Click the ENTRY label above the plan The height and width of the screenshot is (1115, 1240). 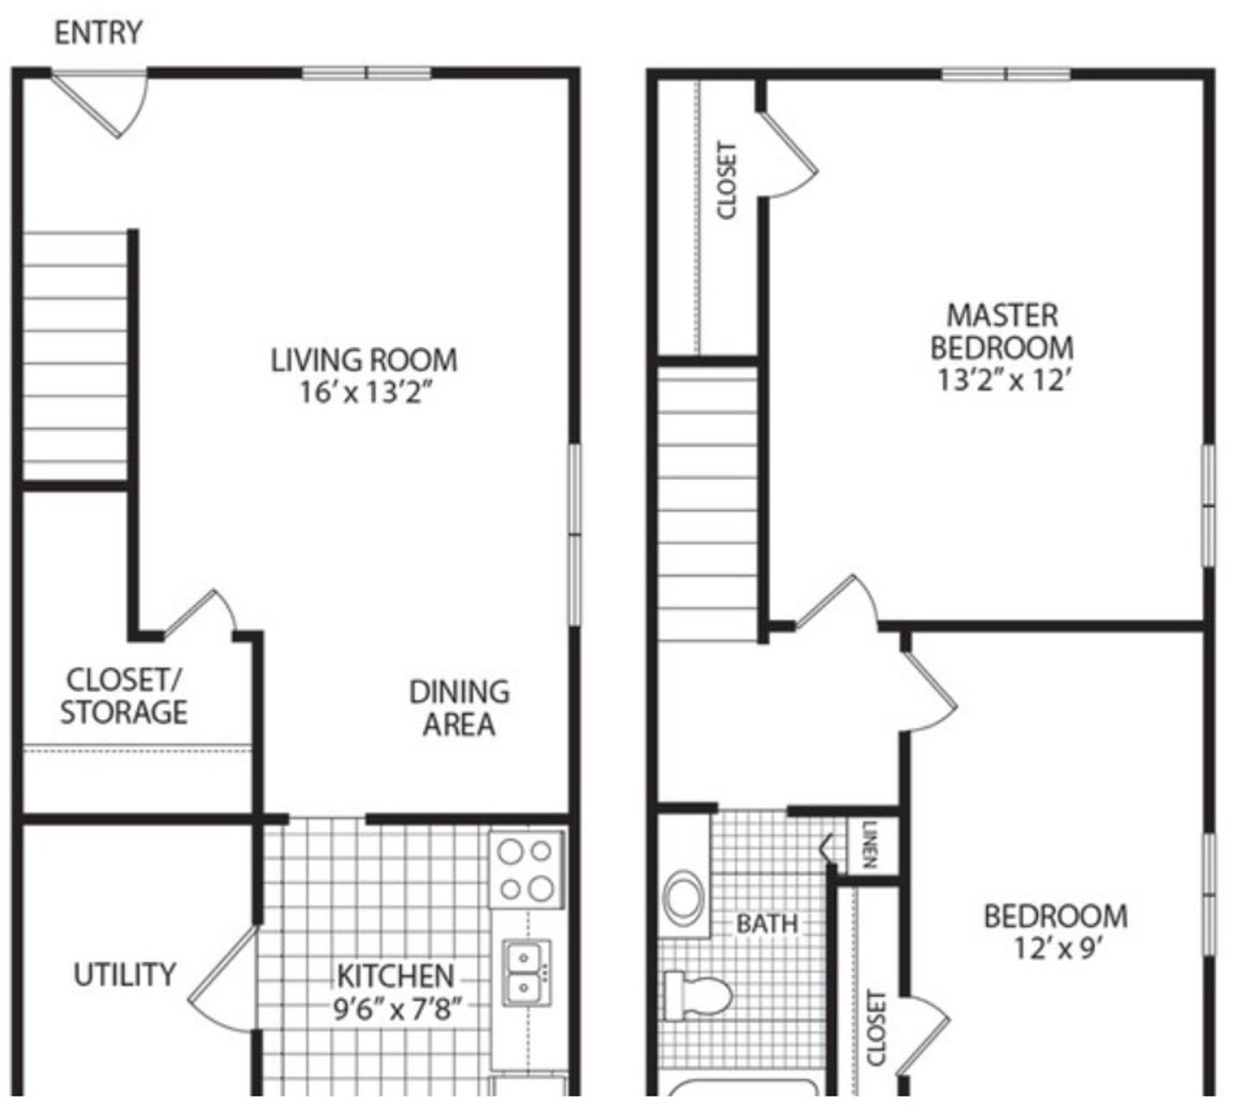tap(98, 33)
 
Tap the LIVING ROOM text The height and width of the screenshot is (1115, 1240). tap(364, 360)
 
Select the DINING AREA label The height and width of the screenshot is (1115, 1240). tap(459, 708)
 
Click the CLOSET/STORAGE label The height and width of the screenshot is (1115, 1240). tap(124, 696)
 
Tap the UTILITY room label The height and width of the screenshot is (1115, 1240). tap(125, 975)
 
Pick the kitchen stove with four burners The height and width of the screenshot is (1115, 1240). tap(526, 870)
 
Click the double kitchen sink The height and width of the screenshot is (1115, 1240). tap(526, 972)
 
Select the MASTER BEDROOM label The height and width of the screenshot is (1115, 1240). tap(1002, 332)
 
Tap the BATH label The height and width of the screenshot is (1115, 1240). tap(767, 923)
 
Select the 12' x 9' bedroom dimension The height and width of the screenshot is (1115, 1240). tap(1057, 948)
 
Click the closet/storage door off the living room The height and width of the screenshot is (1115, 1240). tap(197, 614)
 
